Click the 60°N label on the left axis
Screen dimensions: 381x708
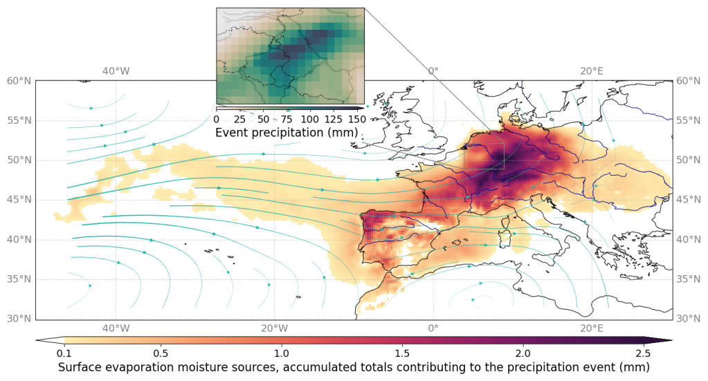coord(19,81)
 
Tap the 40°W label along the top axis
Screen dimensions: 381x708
coord(116,71)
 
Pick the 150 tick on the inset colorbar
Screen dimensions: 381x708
coord(356,119)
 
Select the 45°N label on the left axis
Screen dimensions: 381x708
coord(19,200)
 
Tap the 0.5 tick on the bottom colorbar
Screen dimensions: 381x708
coord(163,353)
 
